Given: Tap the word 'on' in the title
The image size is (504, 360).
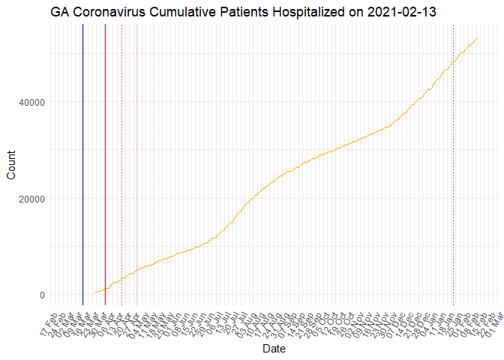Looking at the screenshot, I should tap(357, 12).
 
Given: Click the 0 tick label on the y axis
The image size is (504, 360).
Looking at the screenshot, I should tap(42, 295).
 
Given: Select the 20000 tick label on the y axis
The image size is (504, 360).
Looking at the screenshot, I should tap(30, 199).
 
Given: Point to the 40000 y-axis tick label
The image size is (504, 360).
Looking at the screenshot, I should tap(30, 102).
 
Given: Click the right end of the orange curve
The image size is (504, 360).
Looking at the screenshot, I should tap(478, 37).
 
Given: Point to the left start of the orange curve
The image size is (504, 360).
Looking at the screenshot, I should tap(94, 293).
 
